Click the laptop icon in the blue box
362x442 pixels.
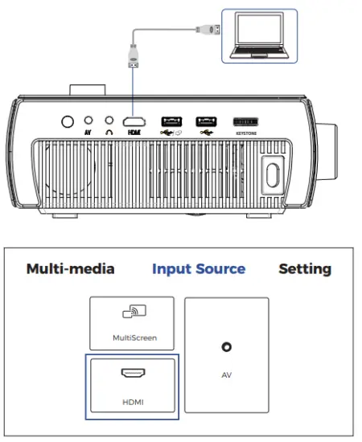coord(258,36)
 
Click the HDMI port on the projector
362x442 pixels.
coord(134,121)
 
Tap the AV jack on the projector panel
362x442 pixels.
coord(88,120)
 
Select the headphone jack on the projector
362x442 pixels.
coord(109,120)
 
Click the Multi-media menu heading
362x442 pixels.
coord(70,268)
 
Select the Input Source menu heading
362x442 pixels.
coord(199,268)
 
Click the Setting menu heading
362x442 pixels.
coord(305,268)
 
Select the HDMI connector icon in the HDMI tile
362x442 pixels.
coord(131,374)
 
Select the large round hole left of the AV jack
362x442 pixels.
coord(68,121)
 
